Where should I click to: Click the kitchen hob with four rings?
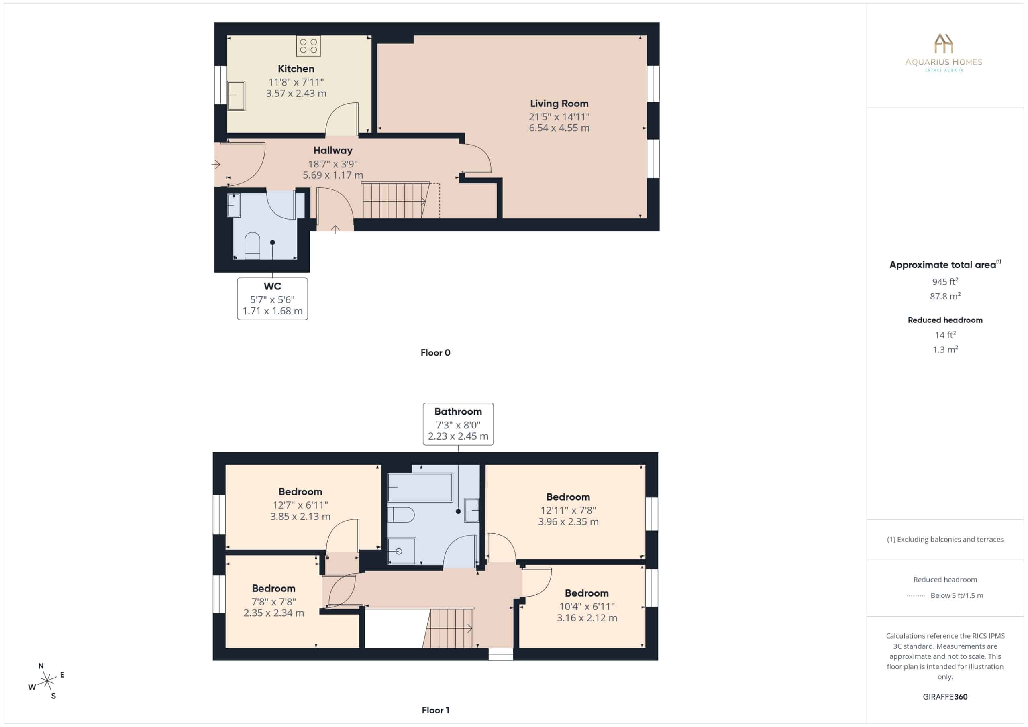(x=308, y=46)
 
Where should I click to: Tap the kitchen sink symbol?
(x=236, y=96)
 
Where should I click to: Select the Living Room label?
(x=559, y=104)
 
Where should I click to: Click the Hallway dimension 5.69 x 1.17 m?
(x=332, y=175)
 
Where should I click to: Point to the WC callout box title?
(x=272, y=286)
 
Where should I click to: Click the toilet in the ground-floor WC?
(x=252, y=245)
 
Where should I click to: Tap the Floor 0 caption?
(x=435, y=353)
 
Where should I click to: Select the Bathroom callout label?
(x=458, y=411)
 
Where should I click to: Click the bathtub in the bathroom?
(x=420, y=487)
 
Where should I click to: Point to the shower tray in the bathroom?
(x=401, y=551)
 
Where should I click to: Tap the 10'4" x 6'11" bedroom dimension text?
(x=587, y=606)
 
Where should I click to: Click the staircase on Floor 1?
(x=448, y=627)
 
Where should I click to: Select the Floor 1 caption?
(x=435, y=710)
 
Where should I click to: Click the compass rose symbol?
(x=47, y=681)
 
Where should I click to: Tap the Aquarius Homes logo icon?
(x=943, y=43)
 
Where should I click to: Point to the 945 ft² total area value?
(x=945, y=281)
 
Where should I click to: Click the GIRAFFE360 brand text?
(x=945, y=696)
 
